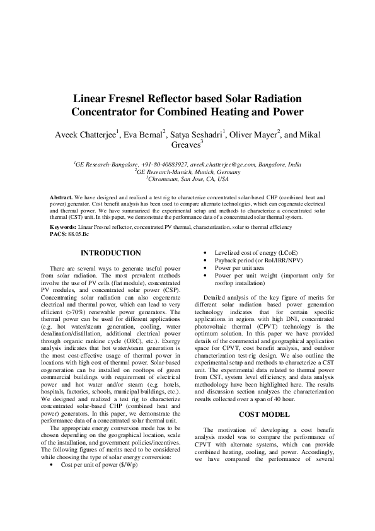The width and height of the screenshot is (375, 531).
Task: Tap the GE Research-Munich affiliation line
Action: point(187,171)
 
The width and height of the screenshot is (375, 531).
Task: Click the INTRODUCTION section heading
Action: point(111,254)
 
